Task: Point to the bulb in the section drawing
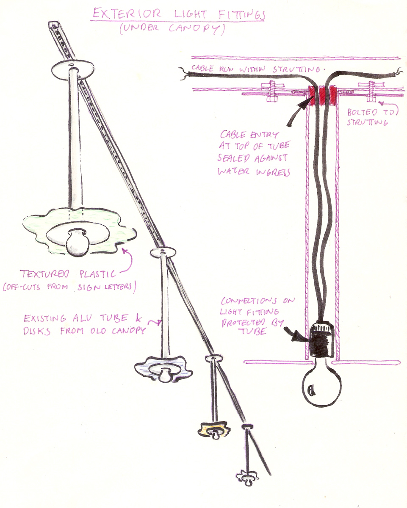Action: (x=321, y=386)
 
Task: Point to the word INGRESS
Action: (x=271, y=172)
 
